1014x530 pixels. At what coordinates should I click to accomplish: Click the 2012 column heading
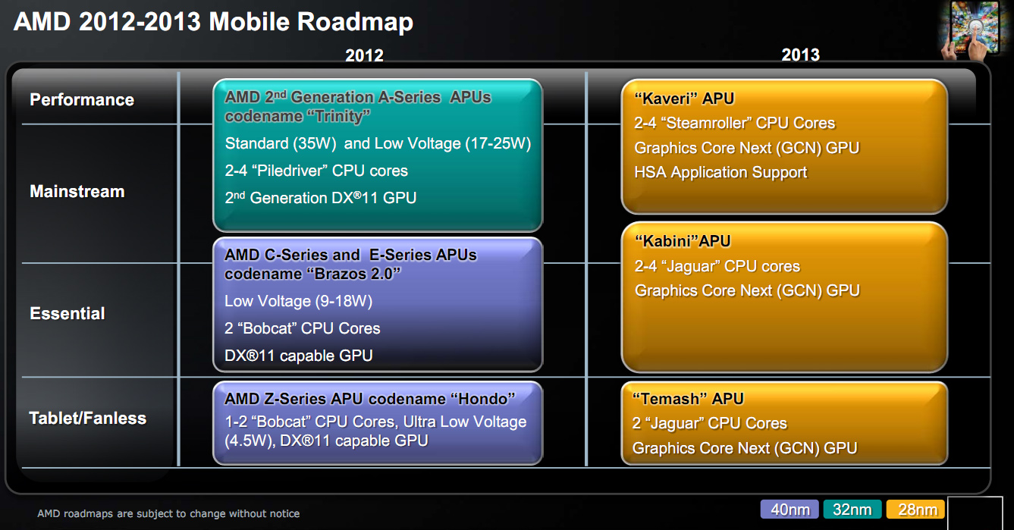(364, 55)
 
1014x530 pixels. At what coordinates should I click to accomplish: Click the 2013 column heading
(800, 55)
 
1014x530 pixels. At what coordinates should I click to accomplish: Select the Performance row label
(82, 99)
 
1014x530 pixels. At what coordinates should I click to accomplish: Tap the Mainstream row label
(77, 191)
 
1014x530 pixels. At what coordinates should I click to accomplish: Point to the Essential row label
(67, 313)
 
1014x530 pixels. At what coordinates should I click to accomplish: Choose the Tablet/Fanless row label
(88, 419)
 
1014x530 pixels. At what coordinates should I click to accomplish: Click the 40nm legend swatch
(790, 510)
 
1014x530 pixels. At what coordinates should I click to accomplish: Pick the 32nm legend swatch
(852, 510)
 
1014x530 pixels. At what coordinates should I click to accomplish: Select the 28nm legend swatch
(915, 510)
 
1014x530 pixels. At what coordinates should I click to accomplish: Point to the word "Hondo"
(482, 399)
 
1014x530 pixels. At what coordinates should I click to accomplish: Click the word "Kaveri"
(666, 99)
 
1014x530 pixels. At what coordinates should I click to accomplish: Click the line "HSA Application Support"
(720, 172)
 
